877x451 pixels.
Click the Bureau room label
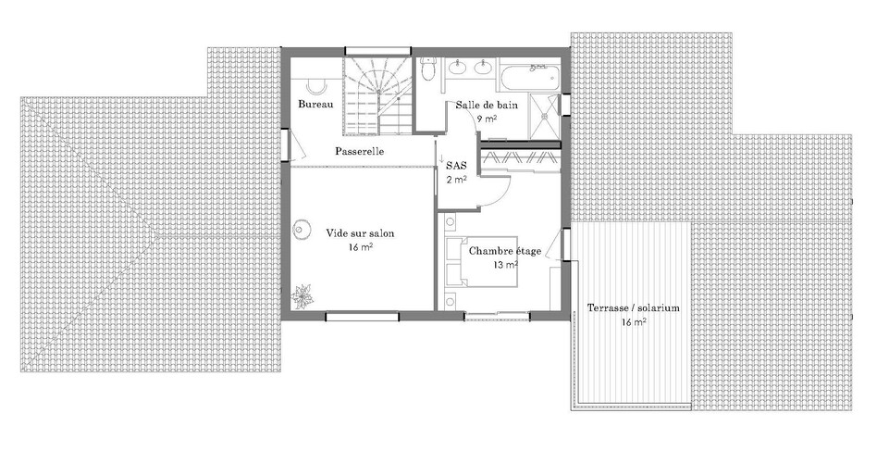315,104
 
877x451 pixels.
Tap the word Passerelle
360,151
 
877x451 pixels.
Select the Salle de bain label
486,105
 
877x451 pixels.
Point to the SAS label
456,166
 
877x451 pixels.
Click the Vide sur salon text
360,232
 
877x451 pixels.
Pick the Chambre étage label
504,251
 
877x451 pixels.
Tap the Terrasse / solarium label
633,307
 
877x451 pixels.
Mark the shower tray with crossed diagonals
544,116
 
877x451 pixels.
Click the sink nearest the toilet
458,68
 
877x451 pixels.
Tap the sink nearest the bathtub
482,68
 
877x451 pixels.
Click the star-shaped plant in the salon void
302,296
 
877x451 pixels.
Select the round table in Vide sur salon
303,229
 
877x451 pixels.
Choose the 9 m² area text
486,118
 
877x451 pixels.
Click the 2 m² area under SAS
456,180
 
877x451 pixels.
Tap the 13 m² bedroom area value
505,264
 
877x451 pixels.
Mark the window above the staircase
377,51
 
